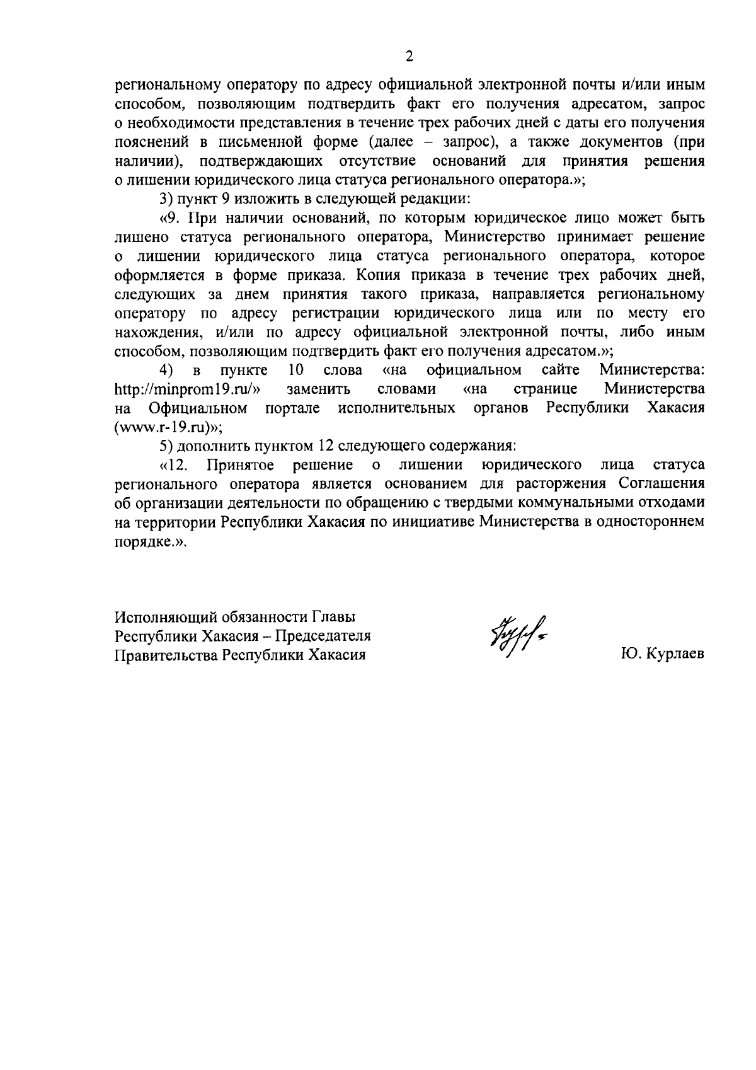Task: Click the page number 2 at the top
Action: click(409, 57)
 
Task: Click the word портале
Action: click(293, 408)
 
